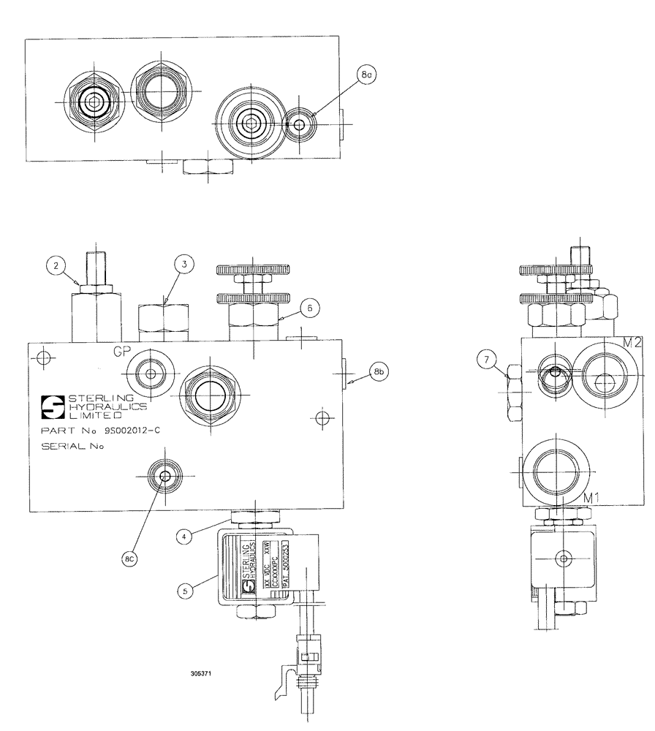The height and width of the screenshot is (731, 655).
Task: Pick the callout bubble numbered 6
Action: [x=309, y=309]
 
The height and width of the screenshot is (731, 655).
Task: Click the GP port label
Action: [x=121, y=351]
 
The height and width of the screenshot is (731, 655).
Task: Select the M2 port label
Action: [x=632, y=344]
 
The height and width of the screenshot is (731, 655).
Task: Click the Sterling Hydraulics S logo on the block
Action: [x=53, y=404]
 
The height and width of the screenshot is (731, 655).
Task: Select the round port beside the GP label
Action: [x=151, y=374]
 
